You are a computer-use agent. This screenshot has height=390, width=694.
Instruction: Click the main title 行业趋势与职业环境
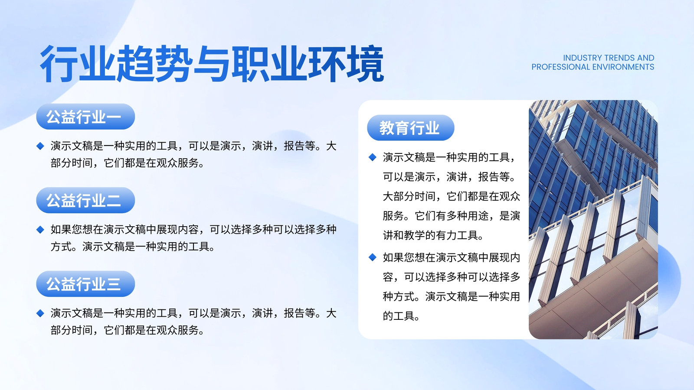coord(212,64)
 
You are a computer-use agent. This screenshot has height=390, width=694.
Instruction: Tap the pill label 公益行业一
coord(85,117)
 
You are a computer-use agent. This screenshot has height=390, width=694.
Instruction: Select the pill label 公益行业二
coord(85,200)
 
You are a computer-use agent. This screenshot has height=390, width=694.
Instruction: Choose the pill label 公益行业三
coord(85,284)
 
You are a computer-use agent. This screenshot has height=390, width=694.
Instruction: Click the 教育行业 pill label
coord(410,127)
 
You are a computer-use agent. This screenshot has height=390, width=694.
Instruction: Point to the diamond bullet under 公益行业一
coord(40,146)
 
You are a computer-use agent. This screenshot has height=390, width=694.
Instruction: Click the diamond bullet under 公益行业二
coord(40,229)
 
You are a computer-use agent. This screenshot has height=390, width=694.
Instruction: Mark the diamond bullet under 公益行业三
coord(40,313)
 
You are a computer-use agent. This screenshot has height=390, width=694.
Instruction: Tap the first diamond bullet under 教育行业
coord(373,157)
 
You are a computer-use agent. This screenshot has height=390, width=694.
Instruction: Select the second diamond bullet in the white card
coord(373,257)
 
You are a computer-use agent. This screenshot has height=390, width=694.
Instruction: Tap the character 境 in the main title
coord(365,64)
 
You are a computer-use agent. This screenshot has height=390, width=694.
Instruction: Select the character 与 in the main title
coord(212,64)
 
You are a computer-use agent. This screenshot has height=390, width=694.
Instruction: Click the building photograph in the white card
coord(593,219)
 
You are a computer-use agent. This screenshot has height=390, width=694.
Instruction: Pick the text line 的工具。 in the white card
coord(401,316)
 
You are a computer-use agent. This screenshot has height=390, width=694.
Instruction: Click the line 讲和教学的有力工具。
coord(433,235)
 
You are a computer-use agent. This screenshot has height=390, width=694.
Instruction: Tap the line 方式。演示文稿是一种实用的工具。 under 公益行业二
coord(133,247)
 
